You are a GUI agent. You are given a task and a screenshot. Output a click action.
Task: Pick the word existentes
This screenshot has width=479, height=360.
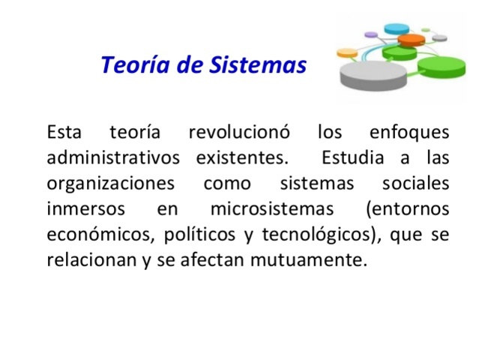click(x=241, y=158)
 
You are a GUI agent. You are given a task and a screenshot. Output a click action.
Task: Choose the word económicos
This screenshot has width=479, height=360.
click(x=97, y=234)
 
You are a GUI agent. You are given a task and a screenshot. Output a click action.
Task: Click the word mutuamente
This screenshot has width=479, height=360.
click(x=319, y=259)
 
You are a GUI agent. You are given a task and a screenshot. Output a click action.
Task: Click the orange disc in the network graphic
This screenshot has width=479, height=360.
click(x=412, y=39)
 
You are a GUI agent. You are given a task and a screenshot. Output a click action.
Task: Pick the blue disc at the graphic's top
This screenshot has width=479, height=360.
click(x=397, y=28)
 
